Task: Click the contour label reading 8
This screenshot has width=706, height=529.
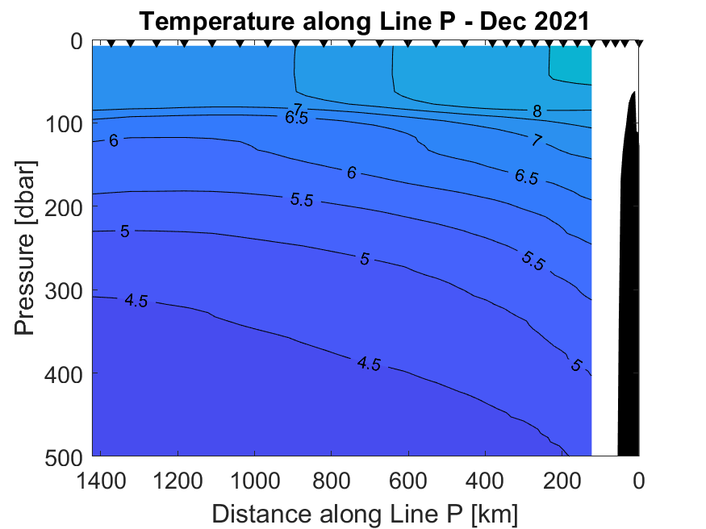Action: coord(537,110)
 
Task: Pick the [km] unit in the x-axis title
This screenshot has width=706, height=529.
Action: coord(495,512)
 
